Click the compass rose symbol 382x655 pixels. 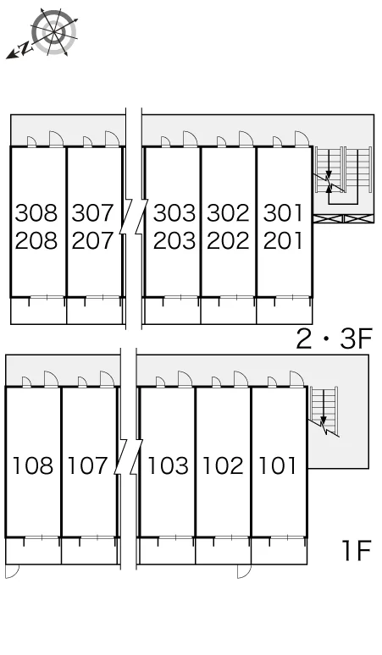coord(54,32)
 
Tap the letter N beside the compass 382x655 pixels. coord(26,48)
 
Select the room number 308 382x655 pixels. coord(36,212)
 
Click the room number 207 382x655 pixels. coord(92,240)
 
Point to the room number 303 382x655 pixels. coord(174,212)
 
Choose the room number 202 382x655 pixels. coord(228,240)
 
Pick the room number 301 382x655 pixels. coord(283,212)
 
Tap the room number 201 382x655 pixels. coord(283,240)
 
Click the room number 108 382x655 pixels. coord(33,465)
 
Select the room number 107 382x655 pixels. coord(88,465)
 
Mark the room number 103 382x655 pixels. coord(168,465)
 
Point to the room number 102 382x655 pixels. coord(223,465)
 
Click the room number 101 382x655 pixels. coord(278,465)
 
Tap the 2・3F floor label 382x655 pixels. coord(334,339)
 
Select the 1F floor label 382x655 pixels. coord(357,550)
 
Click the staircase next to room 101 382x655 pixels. coord(324,411)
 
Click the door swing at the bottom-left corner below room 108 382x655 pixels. coord(13,571)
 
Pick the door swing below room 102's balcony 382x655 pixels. coord(244,571)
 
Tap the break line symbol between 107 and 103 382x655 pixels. coord(128,457)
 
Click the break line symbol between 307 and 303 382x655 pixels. coord(134,217)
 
